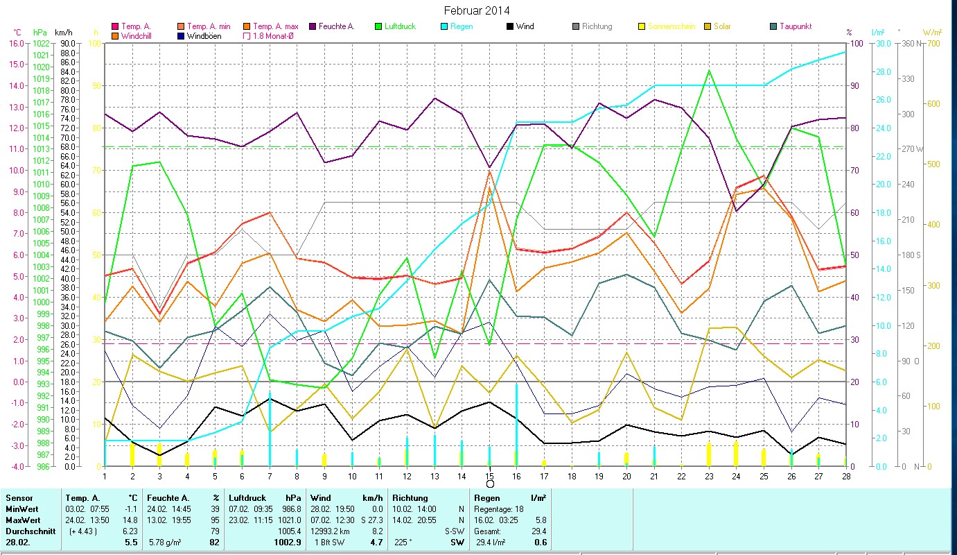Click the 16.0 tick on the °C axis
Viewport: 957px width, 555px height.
(x=15, y=43)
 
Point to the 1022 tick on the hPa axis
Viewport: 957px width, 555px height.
(x=40, y=43)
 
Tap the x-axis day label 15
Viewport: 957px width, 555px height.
(x=490, y=475)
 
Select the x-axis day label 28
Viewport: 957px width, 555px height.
(x=845, y=475)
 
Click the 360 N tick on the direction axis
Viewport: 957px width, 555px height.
(x=913, y=44)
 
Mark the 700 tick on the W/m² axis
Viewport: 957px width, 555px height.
(x=932, y=44)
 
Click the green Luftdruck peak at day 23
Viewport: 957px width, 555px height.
(x=709, y=71)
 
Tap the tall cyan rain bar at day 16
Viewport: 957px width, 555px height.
(x=517, y=423)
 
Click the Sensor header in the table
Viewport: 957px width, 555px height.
(x=19, y=498)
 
